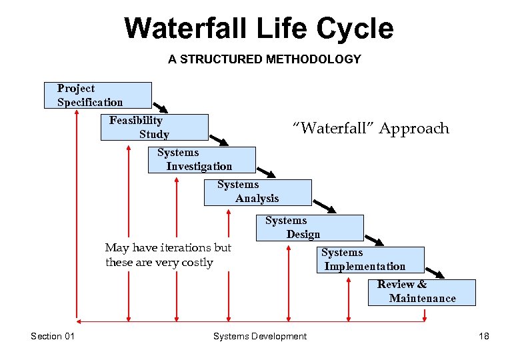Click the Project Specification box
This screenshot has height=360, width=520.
pyautogui.click(x=98, y=95)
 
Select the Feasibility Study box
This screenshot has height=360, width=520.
pyautogui.click(x=154, y=127)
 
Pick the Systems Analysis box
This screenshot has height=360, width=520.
pyautogui.click(x=257, y=192)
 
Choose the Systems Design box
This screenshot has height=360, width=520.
pyautogui.click(x=310, y=227)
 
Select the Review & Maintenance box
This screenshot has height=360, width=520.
pyautogui.click(x=421, y=292)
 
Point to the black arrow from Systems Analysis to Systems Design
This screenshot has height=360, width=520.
pyautogui.click(x=324, y=205)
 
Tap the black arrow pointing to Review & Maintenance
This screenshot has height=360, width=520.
pyautogui.click(x=435, y=272)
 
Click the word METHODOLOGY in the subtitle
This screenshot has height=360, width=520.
pyautogui.click(x=313, y=59)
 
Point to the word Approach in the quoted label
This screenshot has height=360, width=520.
pyautogui.click(x=414, y=128)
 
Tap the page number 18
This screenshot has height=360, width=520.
pyautogui.click(x=484, y=336)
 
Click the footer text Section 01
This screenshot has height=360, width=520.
pyautogui.click(x=53, y=336)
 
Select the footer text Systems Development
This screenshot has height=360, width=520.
pyautogui.click(x=260, y=336)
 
